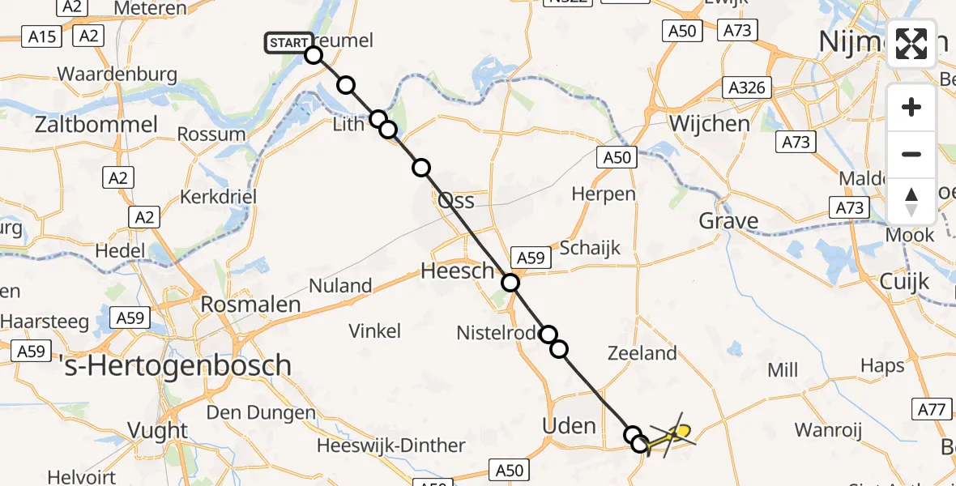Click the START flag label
[x=288, y=42]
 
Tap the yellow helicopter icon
[x=671, y=437]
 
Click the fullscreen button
[x=911, y=43]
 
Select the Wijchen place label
[x=710, y=124]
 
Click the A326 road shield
[x=746, y=87]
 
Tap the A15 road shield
[x=42, y=36]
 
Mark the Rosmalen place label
[x=239, y=305]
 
